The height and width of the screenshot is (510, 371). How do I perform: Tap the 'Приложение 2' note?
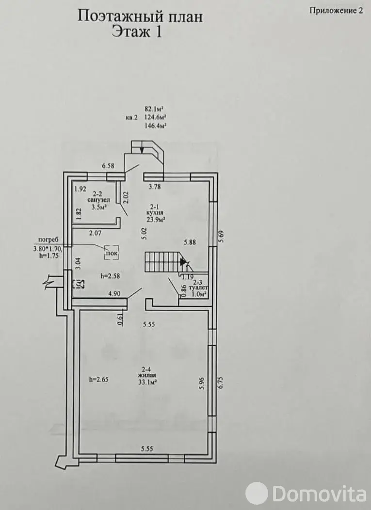[335, 12]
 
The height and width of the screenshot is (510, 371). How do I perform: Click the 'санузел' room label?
[98, 200]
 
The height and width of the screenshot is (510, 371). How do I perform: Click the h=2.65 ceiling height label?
[99, 380]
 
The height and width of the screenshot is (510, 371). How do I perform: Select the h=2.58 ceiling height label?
[110, 276]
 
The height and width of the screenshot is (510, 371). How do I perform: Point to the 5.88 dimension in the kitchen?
[190, 243]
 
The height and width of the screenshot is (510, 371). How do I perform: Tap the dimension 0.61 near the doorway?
[120, 319]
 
